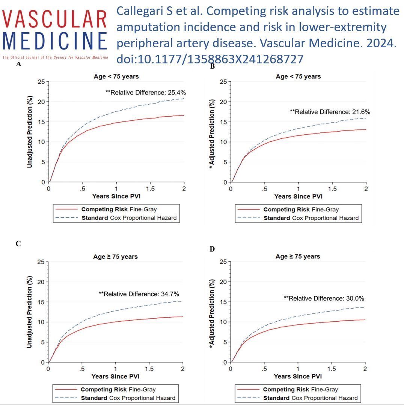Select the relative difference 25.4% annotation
click(146, 92)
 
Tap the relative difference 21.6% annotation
click(330, 112)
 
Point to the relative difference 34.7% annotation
click(139, 294)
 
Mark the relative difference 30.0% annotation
click(324, 298)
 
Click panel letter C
click(18, 244)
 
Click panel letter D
click(212, 249)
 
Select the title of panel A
click(116, 76)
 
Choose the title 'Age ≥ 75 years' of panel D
click(298, 256)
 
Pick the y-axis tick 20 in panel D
click(223, 282)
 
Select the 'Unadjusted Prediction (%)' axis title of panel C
click(30, 312)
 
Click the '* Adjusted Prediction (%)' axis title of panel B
click(212, 133)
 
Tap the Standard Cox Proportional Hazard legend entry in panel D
click(298, 398)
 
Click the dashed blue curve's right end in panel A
click(183, 99)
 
